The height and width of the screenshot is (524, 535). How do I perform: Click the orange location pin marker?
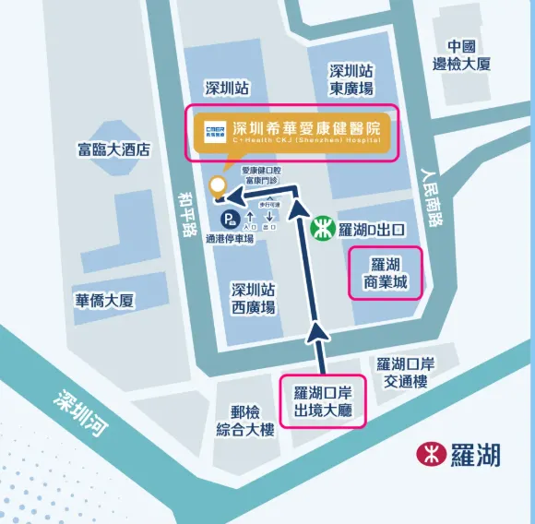[x=218, y=185]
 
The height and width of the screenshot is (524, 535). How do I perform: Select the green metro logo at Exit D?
[x=321, y=226]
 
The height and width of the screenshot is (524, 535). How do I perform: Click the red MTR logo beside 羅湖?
[x=429, y=454]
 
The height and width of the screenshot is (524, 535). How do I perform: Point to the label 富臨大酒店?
[x=114, y=149]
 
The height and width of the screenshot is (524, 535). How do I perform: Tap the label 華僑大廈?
[x=105, y=301]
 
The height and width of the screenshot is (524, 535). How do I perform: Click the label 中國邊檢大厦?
[x=461, y=55]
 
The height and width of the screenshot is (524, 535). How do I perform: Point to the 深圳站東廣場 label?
[x=351, y=79]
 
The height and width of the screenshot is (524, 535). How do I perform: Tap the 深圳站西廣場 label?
[x=253, y=298]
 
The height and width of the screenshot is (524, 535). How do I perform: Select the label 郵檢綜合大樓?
[x=245, y=422]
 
